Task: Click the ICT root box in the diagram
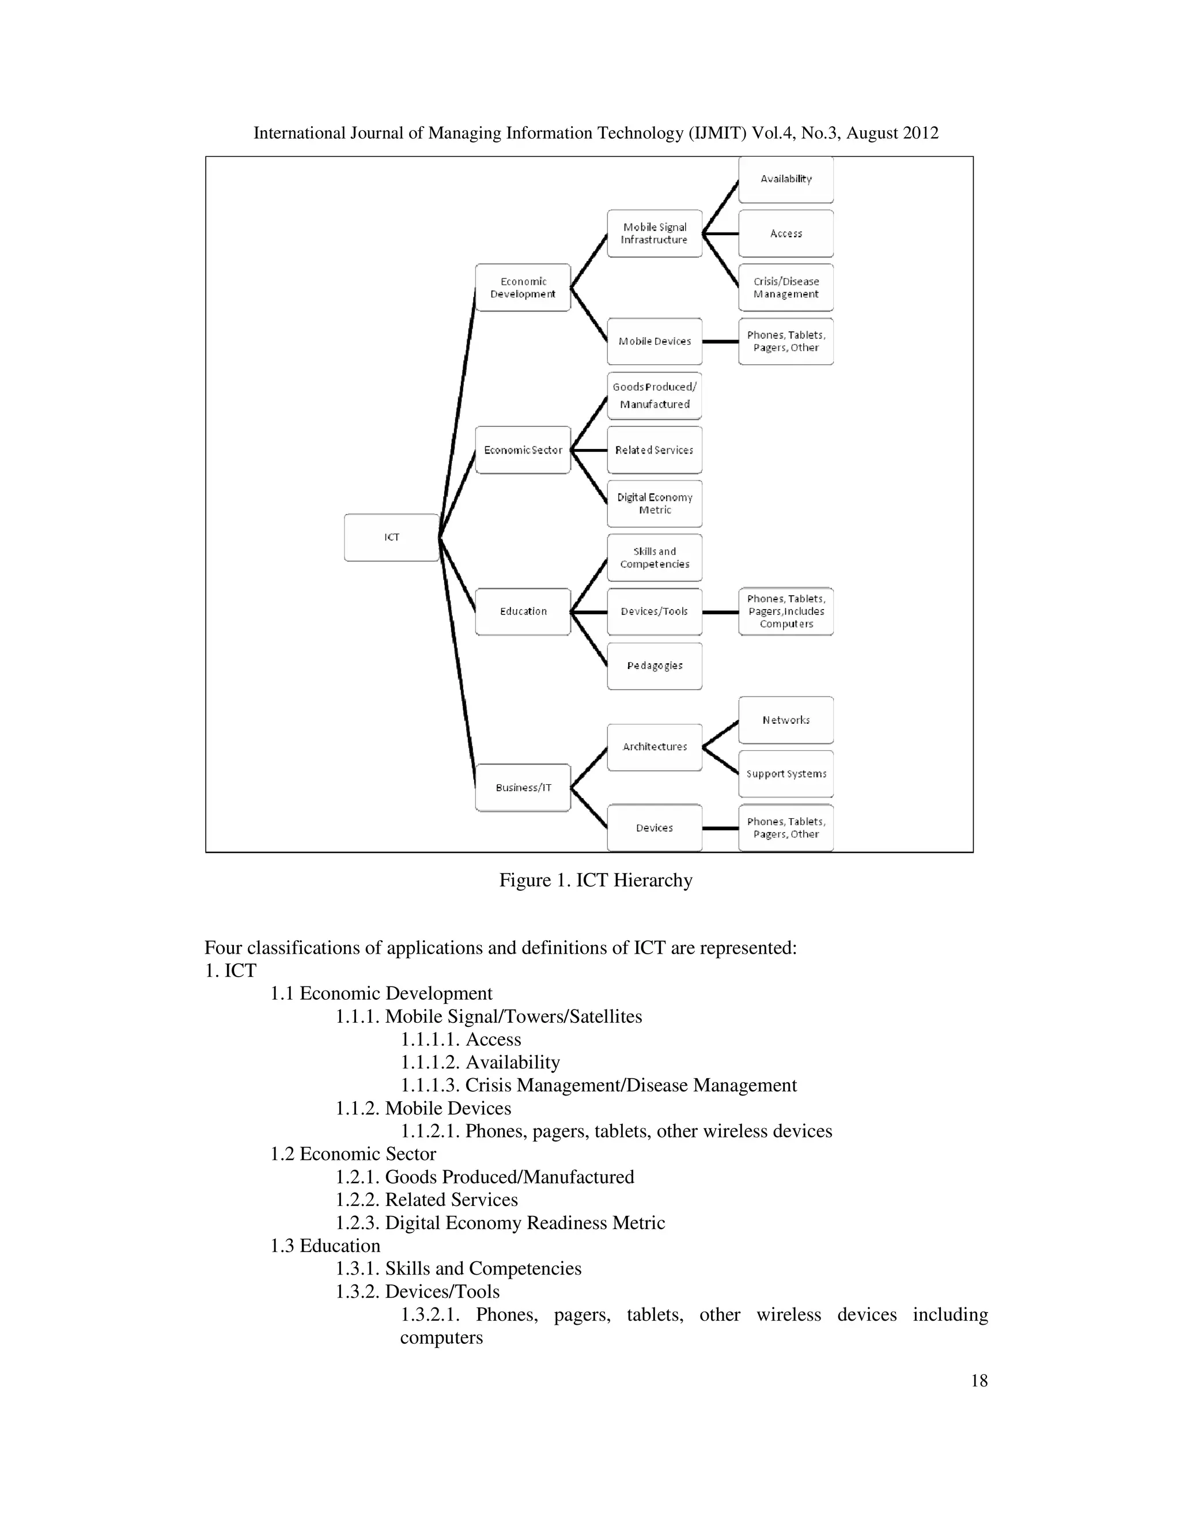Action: pyautogui.click(x=391, y=538)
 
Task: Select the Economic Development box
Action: pyautogui.click(x=523, y=288)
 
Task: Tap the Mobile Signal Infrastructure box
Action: pyautogui.click(x=655, y=233)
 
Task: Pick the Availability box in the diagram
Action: pyautogui.click(x=786, y=180)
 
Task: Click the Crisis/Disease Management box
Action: pyautogui.click(x=786, y=288)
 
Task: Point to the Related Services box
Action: pyautogui.click(x=655, y=450)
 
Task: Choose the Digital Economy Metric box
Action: pyautogui.click(x=655, y=504)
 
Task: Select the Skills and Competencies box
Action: pyautogui.click(x=655, y=558)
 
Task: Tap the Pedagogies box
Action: pyautogui.click(x=655, y=666)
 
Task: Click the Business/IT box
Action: pyautogui.click(x=523, y=788)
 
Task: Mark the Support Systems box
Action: pyautogui.click(x=786, y=774)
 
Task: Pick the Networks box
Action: pyautogui.click(x=786, y=720)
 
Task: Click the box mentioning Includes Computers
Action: pyautogui.click(x=786, y=612)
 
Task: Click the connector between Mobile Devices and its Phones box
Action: pyautogui.click(x=720, y=341)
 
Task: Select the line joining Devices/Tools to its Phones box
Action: pyautogui.click(x=720, y=612)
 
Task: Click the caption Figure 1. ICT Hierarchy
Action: pyautogui.click(x=596, y=880)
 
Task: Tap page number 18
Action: pyautogui.click(x=979, y=1381)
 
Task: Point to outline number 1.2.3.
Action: pyautogui.click(x=358, y=1223)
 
